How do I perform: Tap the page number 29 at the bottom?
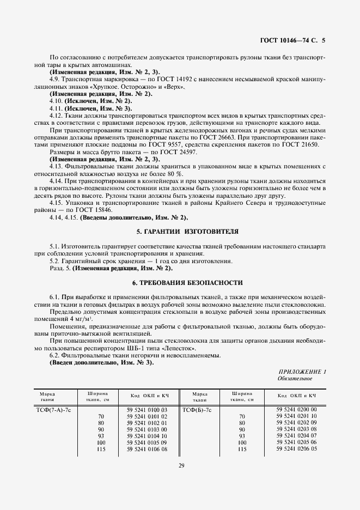click(180, 465)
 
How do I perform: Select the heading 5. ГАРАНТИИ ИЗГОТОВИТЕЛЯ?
click(180, 232)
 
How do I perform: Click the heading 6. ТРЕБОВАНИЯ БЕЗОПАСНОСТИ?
click(180, 283)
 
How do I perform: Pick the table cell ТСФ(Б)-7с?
click(197, 409)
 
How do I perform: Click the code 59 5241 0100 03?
click(147, 409)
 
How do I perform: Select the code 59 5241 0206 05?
click(297, 449)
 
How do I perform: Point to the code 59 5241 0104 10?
click(147, 436)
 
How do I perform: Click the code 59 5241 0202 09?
click(297, 422)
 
